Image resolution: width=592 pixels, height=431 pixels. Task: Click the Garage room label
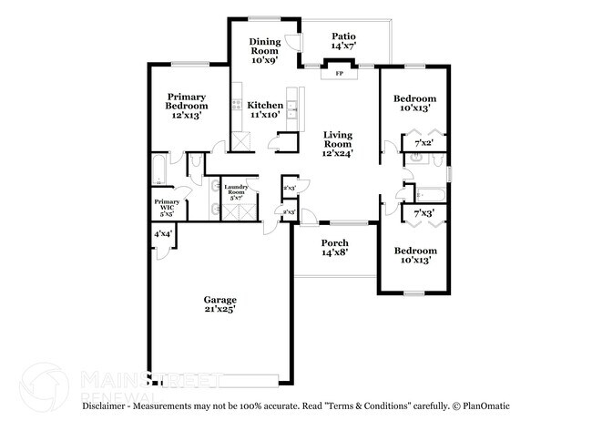point(219,304)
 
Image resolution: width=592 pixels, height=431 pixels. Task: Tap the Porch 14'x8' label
point(334,248)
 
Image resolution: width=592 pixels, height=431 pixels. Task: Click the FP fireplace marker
point(340,73)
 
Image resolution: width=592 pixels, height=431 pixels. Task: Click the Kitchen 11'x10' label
point(265,110)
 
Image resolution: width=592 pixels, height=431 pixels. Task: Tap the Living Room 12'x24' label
point(339,145)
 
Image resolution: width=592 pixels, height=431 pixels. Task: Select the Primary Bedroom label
point(186,107)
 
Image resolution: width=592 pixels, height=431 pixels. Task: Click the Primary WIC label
point(167,207)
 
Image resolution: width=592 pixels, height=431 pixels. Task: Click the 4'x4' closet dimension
point(163,234)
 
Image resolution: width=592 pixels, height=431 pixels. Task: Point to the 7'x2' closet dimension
point(424,143)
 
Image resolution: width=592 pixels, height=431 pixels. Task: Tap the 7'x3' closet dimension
point(424,213)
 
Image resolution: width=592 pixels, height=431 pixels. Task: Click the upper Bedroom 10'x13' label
point(414,103)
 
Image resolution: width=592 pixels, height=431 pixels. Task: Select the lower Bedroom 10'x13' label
point(414,255)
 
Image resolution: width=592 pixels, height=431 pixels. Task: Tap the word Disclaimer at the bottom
point(108,405)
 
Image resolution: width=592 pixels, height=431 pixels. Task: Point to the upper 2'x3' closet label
point(289,188)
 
